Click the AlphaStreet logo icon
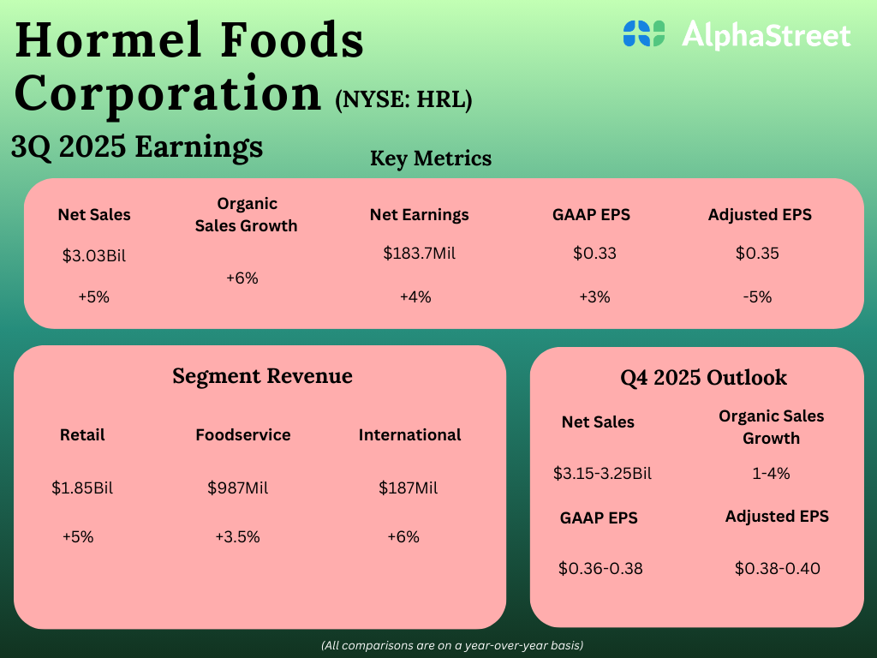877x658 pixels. coord(644,34)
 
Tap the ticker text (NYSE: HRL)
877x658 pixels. coord(403,99)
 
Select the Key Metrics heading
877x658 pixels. coord(431,159)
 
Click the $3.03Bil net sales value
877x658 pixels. coord(94,255)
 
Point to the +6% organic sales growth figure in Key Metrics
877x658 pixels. coord(242,278)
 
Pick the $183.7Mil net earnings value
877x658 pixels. coord(419,254)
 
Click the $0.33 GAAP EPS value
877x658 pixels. coord(594,254)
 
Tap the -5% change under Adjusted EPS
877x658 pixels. coord(757,297)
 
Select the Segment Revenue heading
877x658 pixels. coord(262,376)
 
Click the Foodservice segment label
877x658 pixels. coord(243,435)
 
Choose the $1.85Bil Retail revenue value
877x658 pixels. coord(82,488)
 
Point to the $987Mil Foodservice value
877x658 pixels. coord(238,488)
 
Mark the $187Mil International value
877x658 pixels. coord(409,488)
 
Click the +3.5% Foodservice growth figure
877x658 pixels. coord(237,537)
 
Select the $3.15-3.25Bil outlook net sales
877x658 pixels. coord(603,473)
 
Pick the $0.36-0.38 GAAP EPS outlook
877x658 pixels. coord(600,568)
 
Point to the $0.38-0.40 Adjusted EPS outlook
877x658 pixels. coord(778,568)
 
